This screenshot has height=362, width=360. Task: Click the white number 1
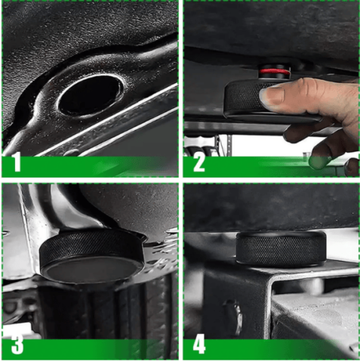pos(17,162)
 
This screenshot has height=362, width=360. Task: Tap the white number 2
pos(199,163)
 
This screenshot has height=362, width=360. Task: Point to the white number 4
pos(199,345)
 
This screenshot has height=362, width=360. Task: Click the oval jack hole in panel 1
pos(91,95)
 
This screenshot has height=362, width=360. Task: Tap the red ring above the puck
pos(275,72)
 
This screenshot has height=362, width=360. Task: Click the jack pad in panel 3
pos(92,255)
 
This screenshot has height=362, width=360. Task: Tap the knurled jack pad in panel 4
pos(281,249)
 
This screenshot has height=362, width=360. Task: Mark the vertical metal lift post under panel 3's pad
pos(106,311)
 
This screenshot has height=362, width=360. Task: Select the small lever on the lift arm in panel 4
pos(233,315)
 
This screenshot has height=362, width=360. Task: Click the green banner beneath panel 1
pos(90,166)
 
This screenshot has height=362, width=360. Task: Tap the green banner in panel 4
pos(271,349)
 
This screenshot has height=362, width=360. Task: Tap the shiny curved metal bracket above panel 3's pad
pos(63,206)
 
